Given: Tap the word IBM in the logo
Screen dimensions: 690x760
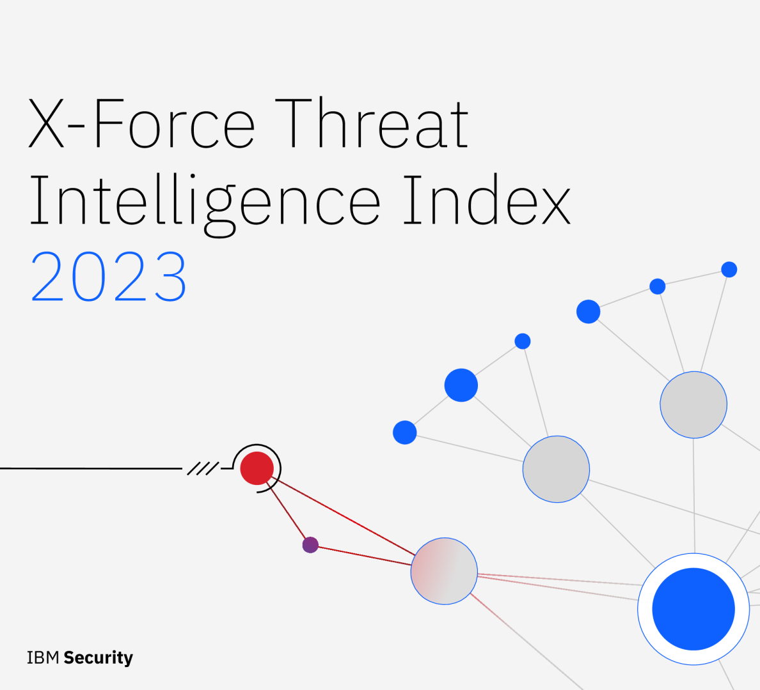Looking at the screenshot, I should [43, 657].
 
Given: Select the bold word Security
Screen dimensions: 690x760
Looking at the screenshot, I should [99, 657].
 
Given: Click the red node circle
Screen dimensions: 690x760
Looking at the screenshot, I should [257, 468].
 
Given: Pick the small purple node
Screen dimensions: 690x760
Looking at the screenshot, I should [310, 545].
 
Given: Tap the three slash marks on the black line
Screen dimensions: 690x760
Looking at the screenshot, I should [202, 469].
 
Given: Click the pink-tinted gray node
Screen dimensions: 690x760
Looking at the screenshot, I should [444, 571].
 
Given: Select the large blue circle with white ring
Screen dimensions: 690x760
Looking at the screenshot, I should [693, 609].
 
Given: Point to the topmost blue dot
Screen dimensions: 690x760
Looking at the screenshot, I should [729, 270].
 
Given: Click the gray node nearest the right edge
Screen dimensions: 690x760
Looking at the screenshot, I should [693, 404].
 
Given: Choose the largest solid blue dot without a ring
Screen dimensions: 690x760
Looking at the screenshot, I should [461, 385].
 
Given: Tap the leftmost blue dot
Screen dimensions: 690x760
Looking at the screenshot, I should [404, 433].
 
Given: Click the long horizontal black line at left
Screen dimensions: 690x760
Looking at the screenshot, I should [90, 468].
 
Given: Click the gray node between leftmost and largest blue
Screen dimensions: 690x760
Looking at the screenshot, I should [556, 469].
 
